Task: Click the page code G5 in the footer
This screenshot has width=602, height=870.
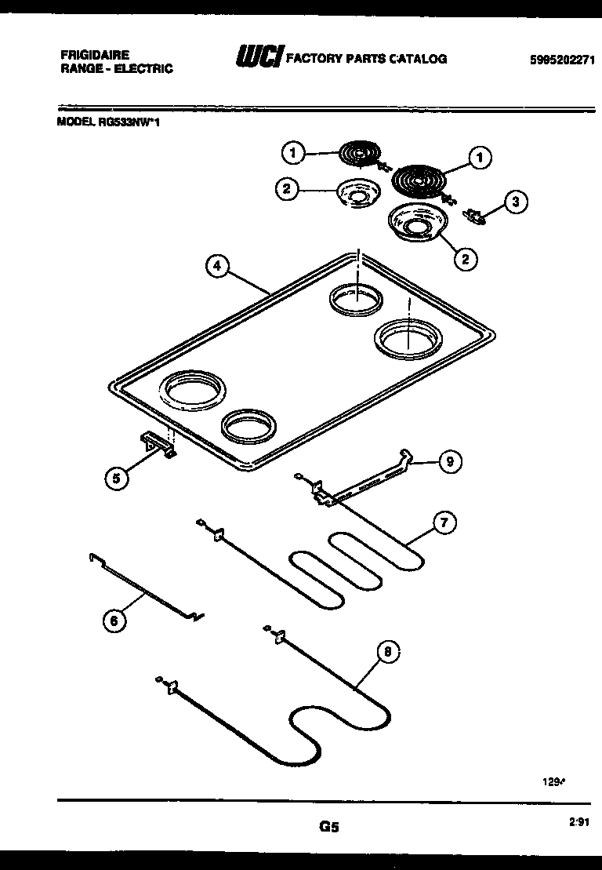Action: [328, 826]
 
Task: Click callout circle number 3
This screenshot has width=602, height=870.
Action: [514, 202]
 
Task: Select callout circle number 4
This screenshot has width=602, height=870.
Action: [217, 266]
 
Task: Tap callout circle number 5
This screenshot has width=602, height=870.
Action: [117, 479]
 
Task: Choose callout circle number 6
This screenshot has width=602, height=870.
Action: [115, 621]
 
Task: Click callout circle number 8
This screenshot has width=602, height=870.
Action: [386, 650]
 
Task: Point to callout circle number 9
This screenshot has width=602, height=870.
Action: [449, 462]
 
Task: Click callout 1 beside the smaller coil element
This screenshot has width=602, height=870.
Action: [293, 153]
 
